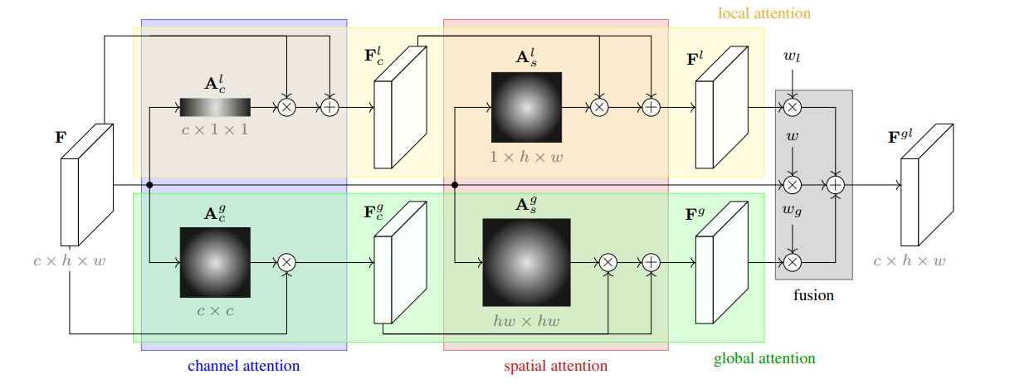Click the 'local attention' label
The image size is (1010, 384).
click(764, 13)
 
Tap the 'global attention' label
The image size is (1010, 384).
click(764, 359)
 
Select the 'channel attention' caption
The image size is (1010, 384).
click(243, 366)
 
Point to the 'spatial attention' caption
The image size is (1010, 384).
click(555, 366)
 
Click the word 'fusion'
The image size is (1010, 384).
click(813, 295)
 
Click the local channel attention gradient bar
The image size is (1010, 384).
click(215, 107)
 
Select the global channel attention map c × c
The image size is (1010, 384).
click(215, 262)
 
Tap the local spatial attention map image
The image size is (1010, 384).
click(527, 107)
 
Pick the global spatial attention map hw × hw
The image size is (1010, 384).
click(527, 262)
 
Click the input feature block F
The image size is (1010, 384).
click(87, 185)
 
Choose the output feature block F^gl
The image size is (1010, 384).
click(927, 185)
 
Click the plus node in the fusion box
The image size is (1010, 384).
click(836, 185)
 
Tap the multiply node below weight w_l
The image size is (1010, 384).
click(793, 107)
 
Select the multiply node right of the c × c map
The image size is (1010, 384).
click(287, 262)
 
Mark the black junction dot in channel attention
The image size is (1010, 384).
click(149, 185)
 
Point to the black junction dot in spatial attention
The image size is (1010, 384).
click(455, 185)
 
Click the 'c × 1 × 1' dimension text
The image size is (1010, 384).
click(215, 130)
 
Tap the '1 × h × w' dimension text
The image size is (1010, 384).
click(527, 157)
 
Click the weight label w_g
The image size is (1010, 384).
click(792, 210)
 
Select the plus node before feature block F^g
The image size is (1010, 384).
click(651, 262)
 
